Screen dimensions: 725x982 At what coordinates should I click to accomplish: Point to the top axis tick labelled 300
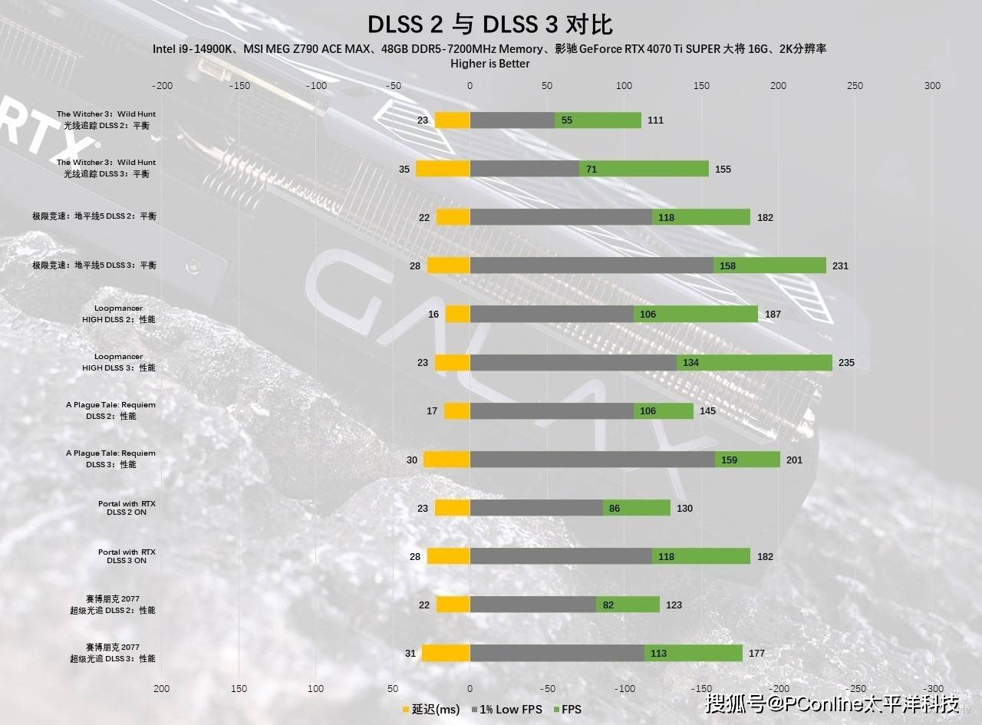pos(932,86)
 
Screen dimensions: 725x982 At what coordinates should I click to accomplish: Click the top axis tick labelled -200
pos(163,86)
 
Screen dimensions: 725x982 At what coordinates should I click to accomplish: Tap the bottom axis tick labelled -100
pos(624,688)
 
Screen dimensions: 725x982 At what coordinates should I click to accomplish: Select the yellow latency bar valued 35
pos(443,169)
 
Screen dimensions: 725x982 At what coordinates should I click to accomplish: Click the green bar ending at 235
pos(754,362)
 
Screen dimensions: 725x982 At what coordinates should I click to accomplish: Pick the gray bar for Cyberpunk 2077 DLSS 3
pos(557,653)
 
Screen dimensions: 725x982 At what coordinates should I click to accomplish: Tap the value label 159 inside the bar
pos(729,460)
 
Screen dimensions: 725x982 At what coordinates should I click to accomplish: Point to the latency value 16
pos(433,315)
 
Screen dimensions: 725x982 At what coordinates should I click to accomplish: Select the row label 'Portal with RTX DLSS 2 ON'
pos(127,508)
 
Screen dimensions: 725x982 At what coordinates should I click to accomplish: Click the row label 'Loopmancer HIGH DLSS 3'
pos(119,362)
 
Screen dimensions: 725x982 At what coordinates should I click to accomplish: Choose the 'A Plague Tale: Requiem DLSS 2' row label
pos(110,410)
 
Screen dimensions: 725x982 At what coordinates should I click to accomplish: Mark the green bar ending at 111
pos(609,120)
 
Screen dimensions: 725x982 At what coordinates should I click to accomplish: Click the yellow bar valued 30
pos(447,460)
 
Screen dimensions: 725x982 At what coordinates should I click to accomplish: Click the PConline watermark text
pos(832,703)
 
